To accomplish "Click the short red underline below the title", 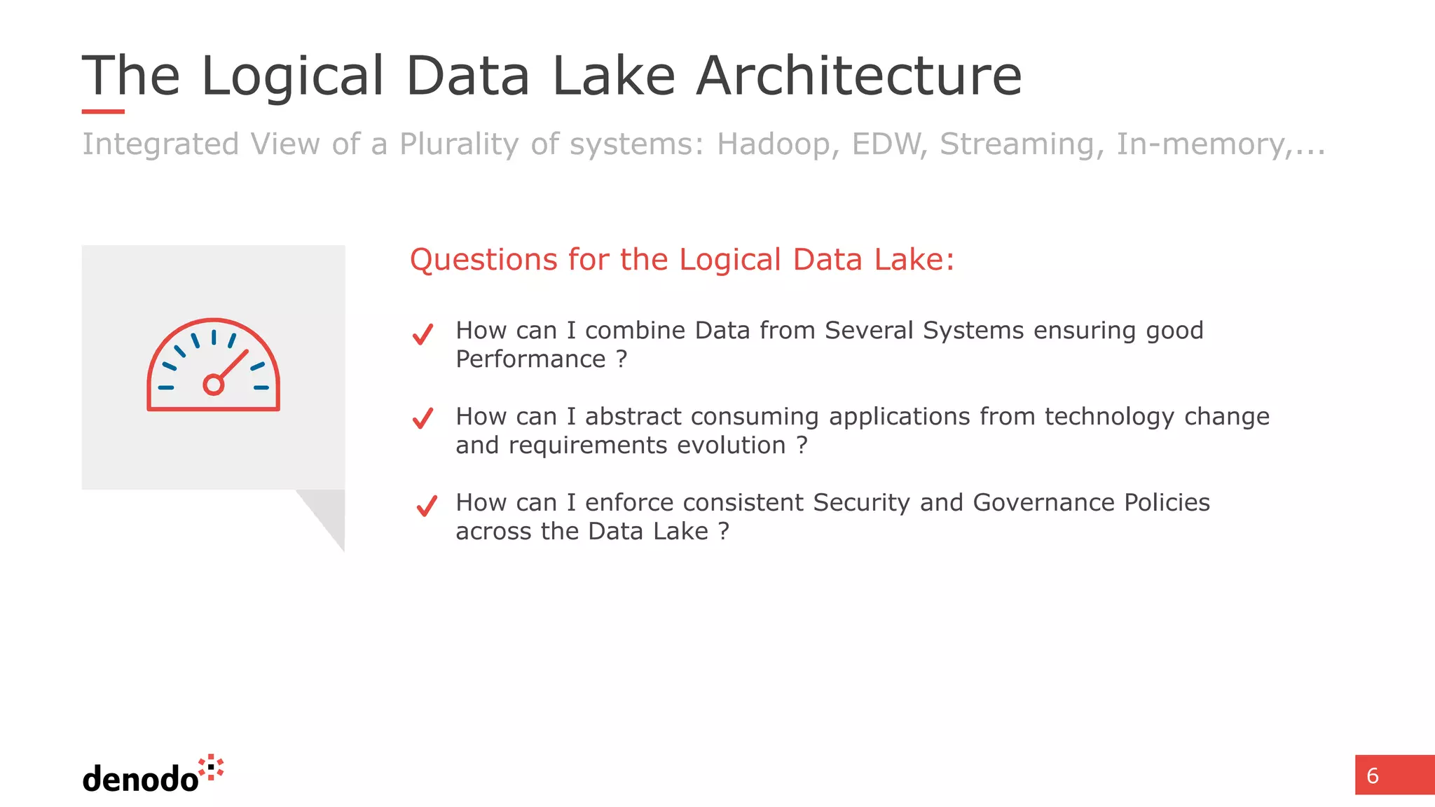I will pos(103,111).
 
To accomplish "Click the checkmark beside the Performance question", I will pos(423,334).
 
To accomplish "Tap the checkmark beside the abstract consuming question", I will pos(423,418).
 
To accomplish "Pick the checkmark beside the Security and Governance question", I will pos(427,506).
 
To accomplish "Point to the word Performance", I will pos(530,359).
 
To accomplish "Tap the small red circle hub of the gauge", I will pos(213,385).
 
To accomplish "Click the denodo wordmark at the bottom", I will pos(140,779).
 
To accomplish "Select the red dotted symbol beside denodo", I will pos(211,768).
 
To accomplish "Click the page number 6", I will pos(1373,775).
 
